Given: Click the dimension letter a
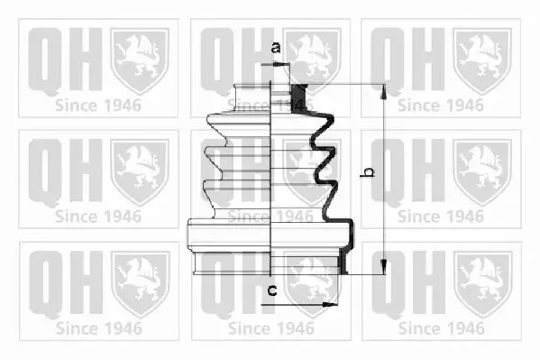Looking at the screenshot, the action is (x=276, y=48).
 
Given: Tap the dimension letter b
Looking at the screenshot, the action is (x=368, y=172).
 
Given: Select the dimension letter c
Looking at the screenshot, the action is (x=272, y=291).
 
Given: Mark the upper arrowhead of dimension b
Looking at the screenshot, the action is (x=383, y=92).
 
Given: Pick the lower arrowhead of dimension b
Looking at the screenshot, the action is (x=383, y=266).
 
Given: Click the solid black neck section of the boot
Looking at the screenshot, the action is (x=298, y=98).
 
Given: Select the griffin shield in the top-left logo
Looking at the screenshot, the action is (x=140, y=60).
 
